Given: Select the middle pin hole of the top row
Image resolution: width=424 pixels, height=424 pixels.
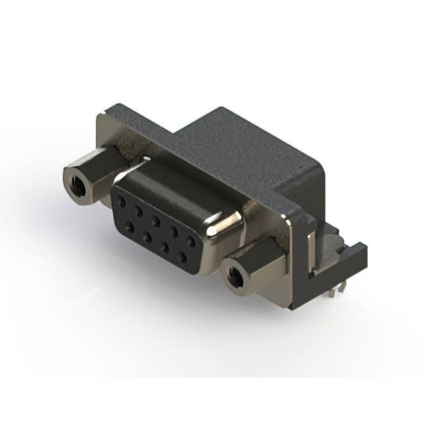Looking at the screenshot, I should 156,219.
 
